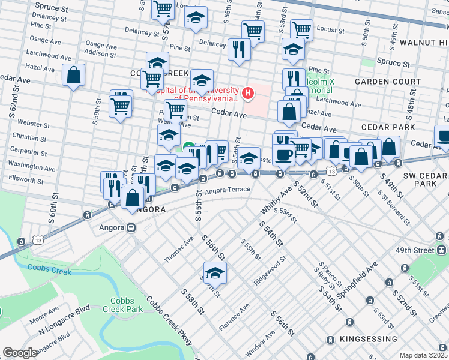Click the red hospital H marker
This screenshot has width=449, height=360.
click(247, 93)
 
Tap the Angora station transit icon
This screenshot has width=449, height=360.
click(130, 228)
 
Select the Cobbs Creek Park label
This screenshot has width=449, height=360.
click(126, 305)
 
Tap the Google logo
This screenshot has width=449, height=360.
click(20, 352)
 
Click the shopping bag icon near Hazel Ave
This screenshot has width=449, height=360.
click(289, 111)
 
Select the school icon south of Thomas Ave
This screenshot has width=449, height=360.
click(215, 272)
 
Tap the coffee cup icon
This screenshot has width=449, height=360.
click(283, 154)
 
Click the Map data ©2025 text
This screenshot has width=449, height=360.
click(423, 355)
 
